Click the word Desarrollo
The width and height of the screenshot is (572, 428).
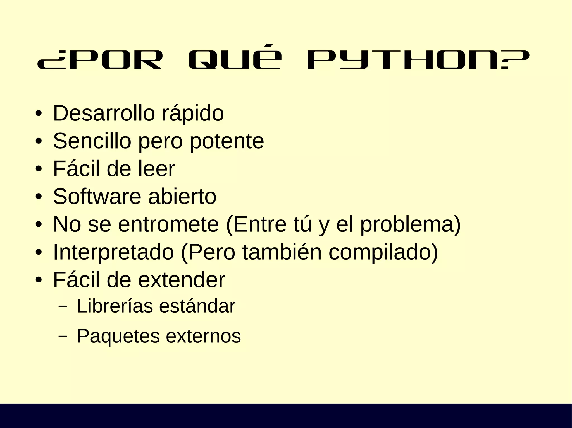tap(104, 113)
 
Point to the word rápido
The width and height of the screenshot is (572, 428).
tap(193, 114)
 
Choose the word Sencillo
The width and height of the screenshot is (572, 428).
tap(92, 141)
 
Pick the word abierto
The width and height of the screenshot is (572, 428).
tap(182, 197)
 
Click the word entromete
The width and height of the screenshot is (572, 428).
tap(168, 224)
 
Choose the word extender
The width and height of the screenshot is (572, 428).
tap(182, 280)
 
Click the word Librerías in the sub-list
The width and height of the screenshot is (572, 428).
tap(115, 306)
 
